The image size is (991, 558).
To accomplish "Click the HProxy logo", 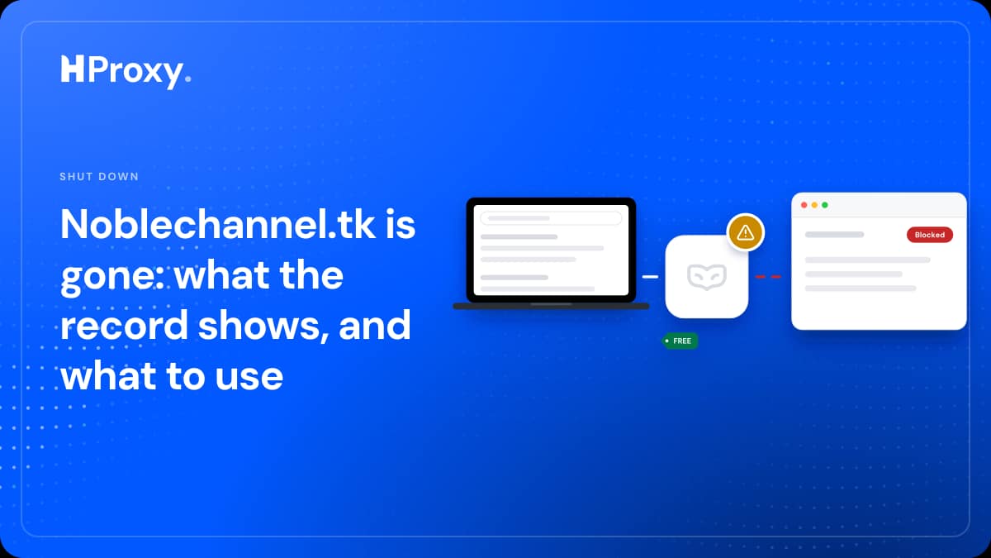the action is (126, 71).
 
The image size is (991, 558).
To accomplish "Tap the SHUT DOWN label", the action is (99, 177).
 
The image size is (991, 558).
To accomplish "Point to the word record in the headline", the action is (125, 326).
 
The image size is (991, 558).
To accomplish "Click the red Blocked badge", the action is (930, 235).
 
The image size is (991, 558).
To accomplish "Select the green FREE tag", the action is (680, 341).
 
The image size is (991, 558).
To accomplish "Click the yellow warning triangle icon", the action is (746, 232).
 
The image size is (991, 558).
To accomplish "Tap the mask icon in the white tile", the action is (707, 277).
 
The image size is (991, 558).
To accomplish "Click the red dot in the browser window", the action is (804, 205).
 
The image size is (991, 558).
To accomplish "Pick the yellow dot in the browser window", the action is (814, 205).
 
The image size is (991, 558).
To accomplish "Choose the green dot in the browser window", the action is (825, 205).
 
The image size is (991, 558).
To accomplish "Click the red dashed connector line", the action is (768, 277).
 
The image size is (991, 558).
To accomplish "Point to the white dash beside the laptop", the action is (650, 277).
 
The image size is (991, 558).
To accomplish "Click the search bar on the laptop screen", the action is (551, 218).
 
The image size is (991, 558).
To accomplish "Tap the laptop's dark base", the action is (551, 306).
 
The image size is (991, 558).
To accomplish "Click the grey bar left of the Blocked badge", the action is (834, 235).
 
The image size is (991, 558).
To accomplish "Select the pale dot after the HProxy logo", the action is (188, 79).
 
